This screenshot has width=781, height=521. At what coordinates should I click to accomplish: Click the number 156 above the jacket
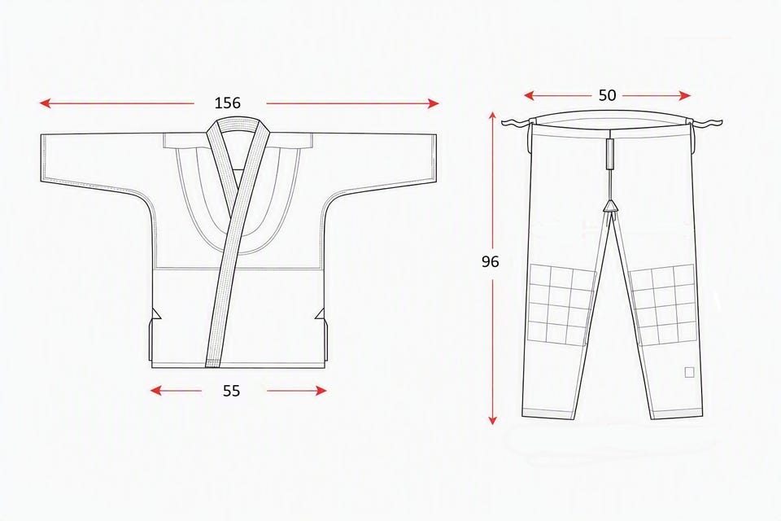point(228,103)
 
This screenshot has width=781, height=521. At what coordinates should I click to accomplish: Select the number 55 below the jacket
point(231,391)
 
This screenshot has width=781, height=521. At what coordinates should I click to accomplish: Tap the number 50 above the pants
point(607,95)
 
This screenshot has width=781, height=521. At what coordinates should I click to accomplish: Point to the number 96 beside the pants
point(490,261)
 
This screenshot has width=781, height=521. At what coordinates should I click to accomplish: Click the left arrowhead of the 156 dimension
point(45,103)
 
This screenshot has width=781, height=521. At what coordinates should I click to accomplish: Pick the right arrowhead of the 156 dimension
point(434,103)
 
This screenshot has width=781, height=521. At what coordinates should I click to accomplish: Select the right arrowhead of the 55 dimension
point(321,391)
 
